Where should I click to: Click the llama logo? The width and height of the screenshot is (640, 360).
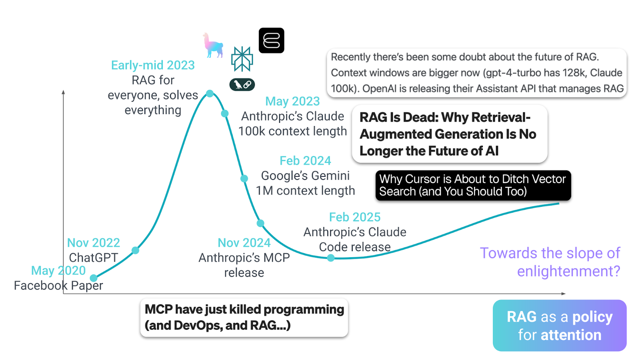point(212,45)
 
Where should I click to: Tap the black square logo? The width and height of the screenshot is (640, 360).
point(271,40)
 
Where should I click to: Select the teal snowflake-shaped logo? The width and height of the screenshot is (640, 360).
point(242,59)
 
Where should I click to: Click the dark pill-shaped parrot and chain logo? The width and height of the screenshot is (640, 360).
point(242,84)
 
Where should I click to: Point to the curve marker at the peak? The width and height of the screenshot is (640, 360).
point(210,94)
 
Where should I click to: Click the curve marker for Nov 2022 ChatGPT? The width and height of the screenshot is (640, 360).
point(135,250)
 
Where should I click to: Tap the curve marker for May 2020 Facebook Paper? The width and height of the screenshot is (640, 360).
point(94,278)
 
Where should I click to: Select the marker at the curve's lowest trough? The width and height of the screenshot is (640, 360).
point(331,258)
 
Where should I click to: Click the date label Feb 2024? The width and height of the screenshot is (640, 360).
point(305,161)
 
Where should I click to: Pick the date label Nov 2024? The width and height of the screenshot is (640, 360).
point(244,243)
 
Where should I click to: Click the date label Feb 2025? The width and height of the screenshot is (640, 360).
point(354,217)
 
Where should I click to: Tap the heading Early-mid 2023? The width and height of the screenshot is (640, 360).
point(153,65)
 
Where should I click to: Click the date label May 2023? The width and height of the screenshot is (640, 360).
point(292,101)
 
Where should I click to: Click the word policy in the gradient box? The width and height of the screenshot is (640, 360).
point(592,317)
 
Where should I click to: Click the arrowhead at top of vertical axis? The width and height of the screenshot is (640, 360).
point(63,92)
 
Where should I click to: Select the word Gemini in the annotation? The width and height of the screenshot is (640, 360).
point(330,176)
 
